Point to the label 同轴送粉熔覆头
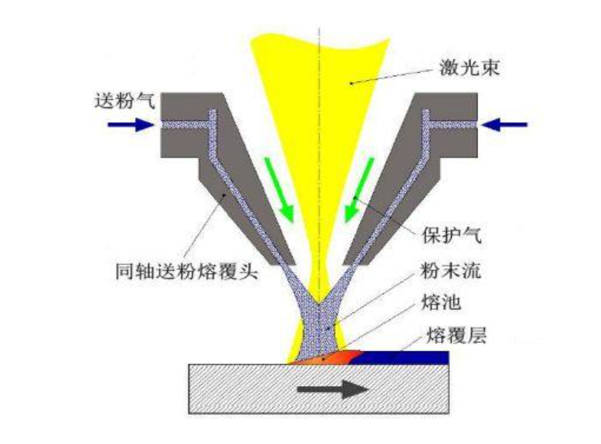coord(186,273)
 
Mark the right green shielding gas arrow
coord(359,190)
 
